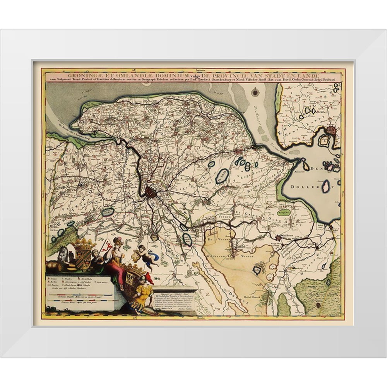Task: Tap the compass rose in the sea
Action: tap(255, 92)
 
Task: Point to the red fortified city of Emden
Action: tap(332, 132)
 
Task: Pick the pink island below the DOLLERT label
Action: tap(326, 187)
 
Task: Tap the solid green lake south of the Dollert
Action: tap(284, 212)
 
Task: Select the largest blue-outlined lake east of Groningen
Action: tap(222, 176)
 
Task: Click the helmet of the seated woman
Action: tap(118, 241)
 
